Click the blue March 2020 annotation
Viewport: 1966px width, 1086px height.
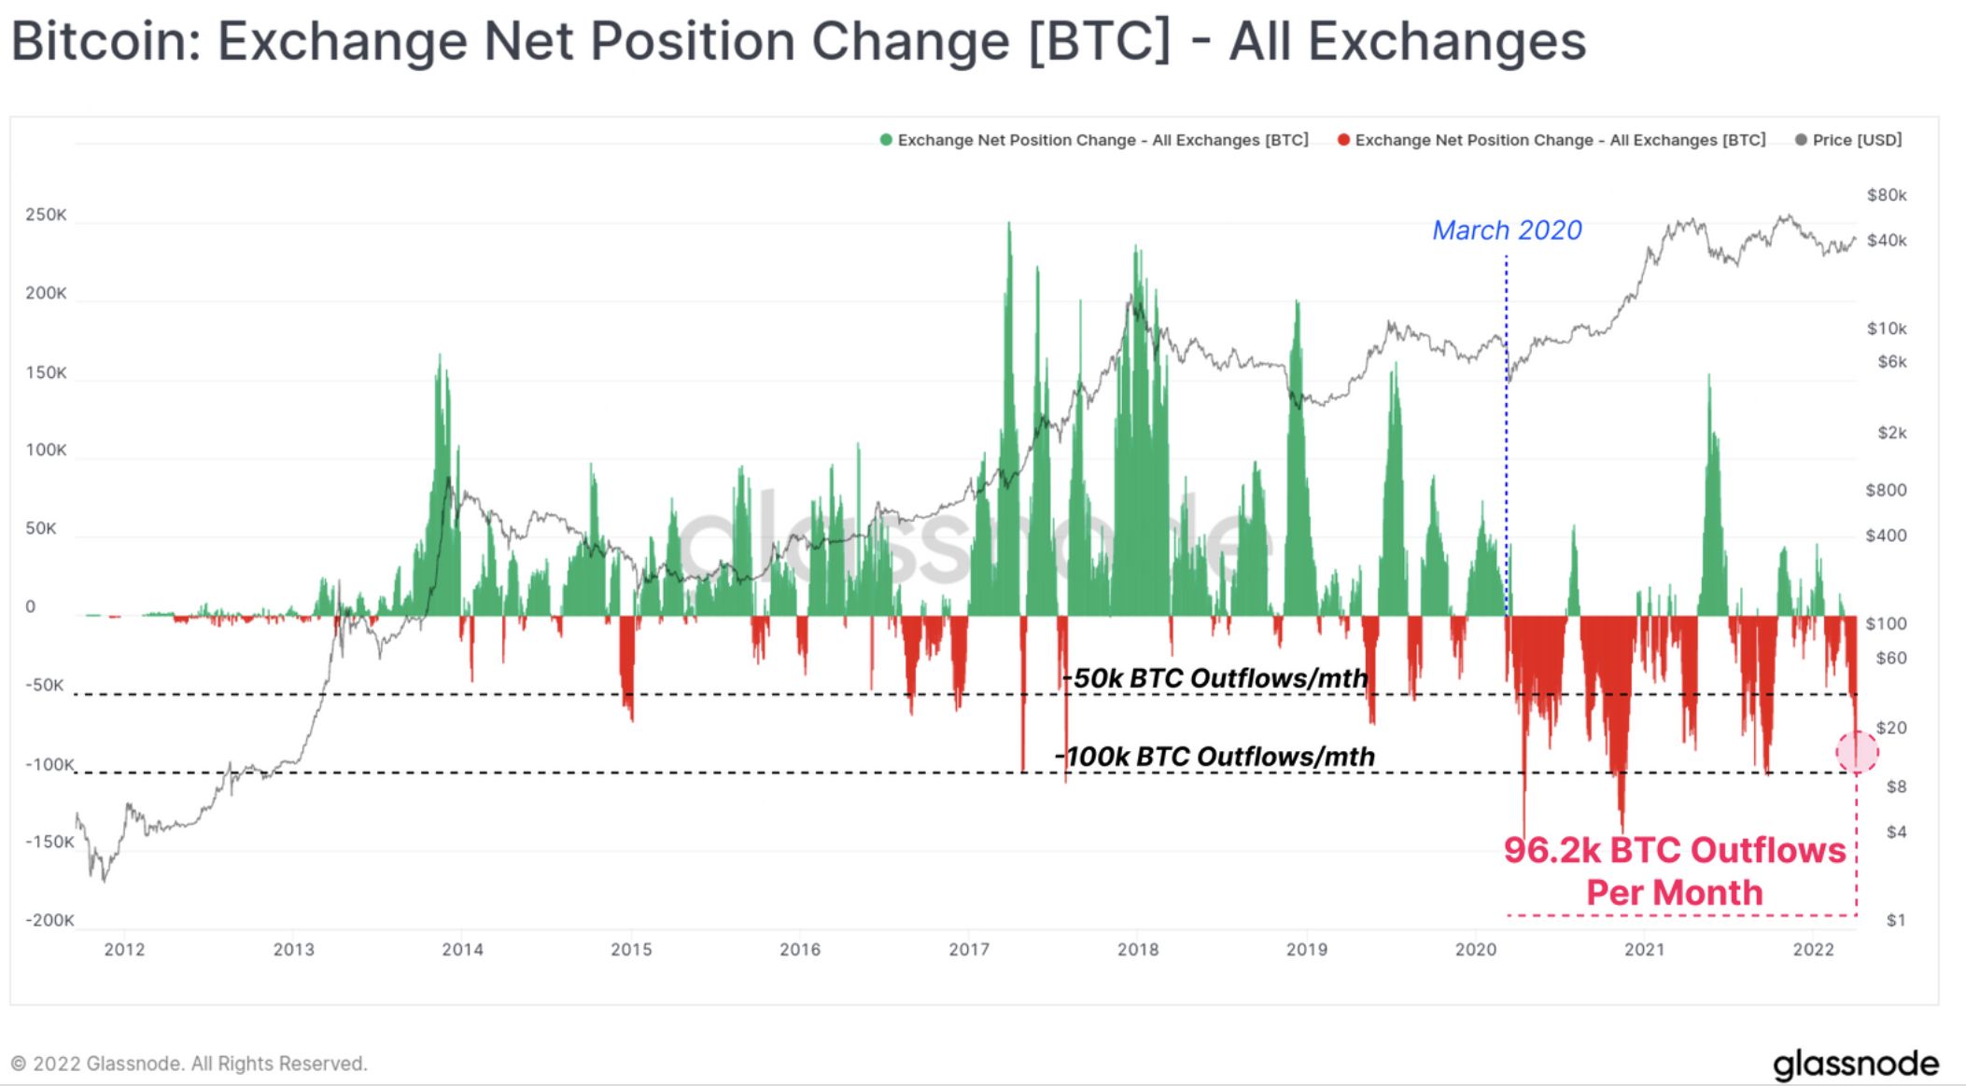pyautogui.click(x=1507, y=230)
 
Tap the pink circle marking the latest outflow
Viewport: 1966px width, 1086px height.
pyautogui.click(x=1857, y=751)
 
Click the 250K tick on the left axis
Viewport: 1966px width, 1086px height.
pyautogui.click(x=46, y=216)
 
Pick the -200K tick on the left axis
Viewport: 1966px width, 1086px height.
pyautogui.click(x=49, y=920)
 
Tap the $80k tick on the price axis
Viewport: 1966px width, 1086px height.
pyautogui.click(x=1886, y=195)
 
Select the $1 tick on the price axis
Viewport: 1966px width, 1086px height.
pyautogui.click(x=1895, y=920)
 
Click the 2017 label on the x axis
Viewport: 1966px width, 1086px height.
pyautogui.click(x=969, y=950)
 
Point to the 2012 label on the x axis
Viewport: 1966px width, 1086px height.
pyautogui.click(x=124, y=950)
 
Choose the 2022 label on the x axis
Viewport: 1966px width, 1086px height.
pyautogui.click(x=1813, y=950)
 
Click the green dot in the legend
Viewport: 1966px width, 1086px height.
pyautogui.click(x=886, y=140)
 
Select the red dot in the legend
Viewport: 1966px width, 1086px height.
pyautogui.click(x=1343, y=140)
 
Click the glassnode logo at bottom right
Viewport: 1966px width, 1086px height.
pyautogui.click(x=1855, y=1064)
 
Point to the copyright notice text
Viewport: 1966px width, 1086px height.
pyautogui.click(x=189, y=1064)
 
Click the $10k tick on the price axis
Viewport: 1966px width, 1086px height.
pyautogui.click(x=1886, y=328)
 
